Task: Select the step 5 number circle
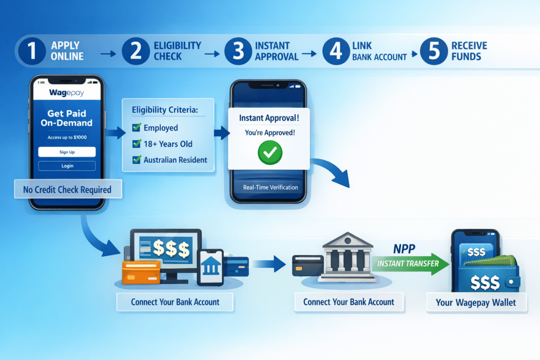pyautogui.click(x=433, y=51)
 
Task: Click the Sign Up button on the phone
pyautogui.click(x=66, y=152)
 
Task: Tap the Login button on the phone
pyautogui.click(x=66, y=166)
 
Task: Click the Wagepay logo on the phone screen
pyautogui.click(x=66, y=93)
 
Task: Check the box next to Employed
pyautogui.click(x=136, y=128)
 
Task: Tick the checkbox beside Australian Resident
pyautogui.click(x=136, y=159)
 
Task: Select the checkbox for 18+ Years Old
pyautogui.click(x=136, y=143)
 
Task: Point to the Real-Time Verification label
pyautogui.click(x=270, y=187)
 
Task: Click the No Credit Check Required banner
pyautogui.click(x=67, y=189)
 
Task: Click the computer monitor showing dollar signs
pyautogui.click(x=166, y=249)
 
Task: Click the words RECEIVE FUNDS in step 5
pyautogui.click(x=469, y=51)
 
